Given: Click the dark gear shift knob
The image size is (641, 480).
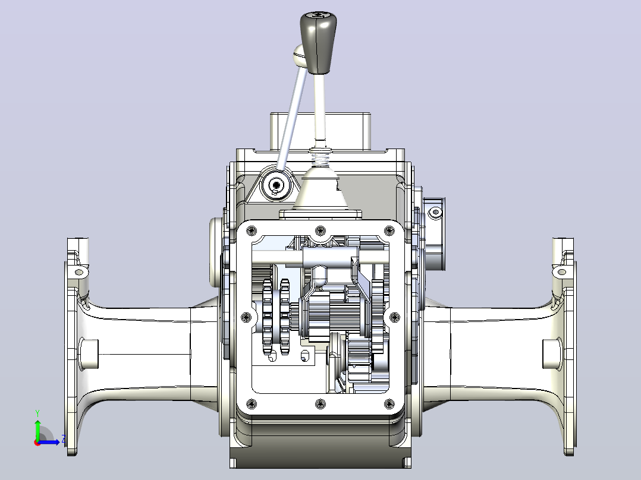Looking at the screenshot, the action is coord(318,43).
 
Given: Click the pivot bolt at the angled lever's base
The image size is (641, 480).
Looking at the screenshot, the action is coord(276,185).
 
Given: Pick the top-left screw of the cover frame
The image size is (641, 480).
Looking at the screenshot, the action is coord(252,231).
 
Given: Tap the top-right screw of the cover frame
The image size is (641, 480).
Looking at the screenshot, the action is coord(389,231).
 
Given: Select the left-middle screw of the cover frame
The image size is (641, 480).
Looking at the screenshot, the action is coord(246,317).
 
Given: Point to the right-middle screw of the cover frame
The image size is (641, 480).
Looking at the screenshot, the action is coord(394,317).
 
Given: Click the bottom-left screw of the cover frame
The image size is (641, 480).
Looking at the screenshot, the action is coord(252,404).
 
